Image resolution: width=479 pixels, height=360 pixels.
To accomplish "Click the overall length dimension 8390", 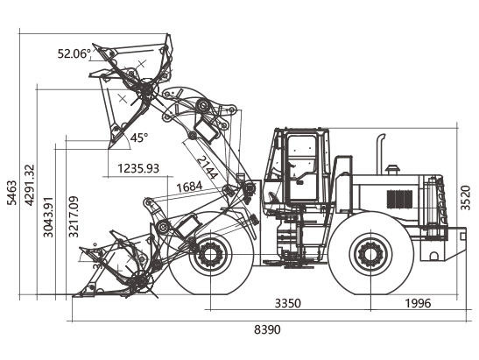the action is (267, 329).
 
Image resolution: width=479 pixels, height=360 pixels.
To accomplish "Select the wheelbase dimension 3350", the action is (288, 303).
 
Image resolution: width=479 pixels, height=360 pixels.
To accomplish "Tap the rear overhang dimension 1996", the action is (418, 303).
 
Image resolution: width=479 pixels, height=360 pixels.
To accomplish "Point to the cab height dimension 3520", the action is (465, 198).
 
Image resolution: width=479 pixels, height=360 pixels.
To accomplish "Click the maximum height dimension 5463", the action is (12, 193).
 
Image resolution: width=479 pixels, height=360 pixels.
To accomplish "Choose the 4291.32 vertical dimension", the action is (30, 185).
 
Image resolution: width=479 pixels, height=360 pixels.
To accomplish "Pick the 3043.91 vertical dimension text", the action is (48, 217).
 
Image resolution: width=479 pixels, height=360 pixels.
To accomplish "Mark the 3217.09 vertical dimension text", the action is (74, 216).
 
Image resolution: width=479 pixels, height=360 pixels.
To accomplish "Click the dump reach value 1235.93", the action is (138, 168).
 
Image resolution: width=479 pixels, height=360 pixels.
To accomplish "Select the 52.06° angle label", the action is (74, 53).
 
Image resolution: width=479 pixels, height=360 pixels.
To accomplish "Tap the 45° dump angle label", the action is (139, 138).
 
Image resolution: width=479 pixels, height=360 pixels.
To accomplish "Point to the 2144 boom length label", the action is (208, 167).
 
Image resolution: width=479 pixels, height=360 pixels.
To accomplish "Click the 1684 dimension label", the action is (190, 187).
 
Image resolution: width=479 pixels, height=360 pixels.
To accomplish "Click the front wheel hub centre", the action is (210, 254).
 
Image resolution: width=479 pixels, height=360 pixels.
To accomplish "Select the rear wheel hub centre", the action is (370, 254).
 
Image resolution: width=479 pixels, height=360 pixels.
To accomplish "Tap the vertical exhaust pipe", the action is (380, 154).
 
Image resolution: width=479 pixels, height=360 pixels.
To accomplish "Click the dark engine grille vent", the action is (399, 199).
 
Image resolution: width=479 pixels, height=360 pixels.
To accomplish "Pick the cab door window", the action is (302, 153).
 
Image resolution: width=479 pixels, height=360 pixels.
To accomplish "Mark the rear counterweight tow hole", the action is (433, 256).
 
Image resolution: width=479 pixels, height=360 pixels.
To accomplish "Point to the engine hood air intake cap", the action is (392, 169).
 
